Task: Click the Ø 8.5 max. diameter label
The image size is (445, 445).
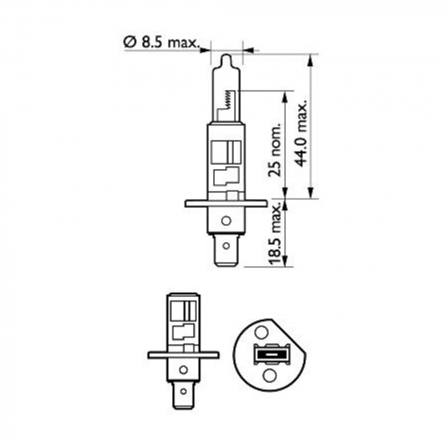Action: click(x=161, y=43)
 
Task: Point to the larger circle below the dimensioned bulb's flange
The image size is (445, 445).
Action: click(x=225, y=222)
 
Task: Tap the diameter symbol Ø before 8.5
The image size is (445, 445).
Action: click(x=128, y=43)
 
